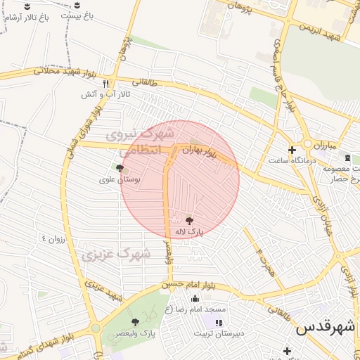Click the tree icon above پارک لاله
(x=189, y=220)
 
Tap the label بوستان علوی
(x=121, y=180)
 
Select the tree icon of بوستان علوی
(x=120, y=169)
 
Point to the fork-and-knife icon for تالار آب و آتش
(x=105, y=83)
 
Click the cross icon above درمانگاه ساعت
(x=292, y=149)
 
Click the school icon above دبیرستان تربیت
(x=219, y=323)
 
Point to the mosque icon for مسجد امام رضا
(x=195, y=300)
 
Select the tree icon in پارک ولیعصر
(x=136, y=322)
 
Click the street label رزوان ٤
(x=53, y=239)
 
